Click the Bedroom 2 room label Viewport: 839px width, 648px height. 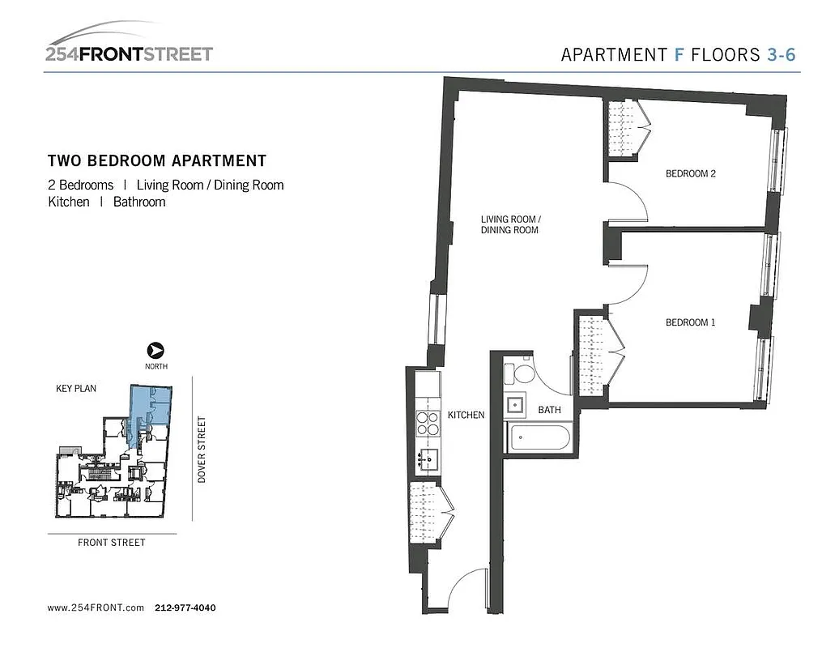tap(690, 173)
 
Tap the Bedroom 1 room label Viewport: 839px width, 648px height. tap(690, 322)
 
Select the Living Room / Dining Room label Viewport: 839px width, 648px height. tap(509, 224)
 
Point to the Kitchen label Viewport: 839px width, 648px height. tap(466, 415)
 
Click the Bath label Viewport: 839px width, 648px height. tap(549, 410)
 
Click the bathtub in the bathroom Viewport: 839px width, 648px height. tap(538, 437)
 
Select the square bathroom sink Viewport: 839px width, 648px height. tap(515, 405)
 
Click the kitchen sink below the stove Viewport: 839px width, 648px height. tap(428, 460)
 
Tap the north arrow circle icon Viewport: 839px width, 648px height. tap(155, 351)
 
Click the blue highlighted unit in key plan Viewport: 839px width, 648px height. tap(150, 406)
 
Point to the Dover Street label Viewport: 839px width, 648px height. tap(202, 450)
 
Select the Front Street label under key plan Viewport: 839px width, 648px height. tap(112, 543)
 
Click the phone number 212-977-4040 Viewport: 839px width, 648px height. tap(185, 607)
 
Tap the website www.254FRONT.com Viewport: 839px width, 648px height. tap(96, 607)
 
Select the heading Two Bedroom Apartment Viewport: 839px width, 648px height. tap(157, 161)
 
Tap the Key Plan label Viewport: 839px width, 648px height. tap(76, 389)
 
